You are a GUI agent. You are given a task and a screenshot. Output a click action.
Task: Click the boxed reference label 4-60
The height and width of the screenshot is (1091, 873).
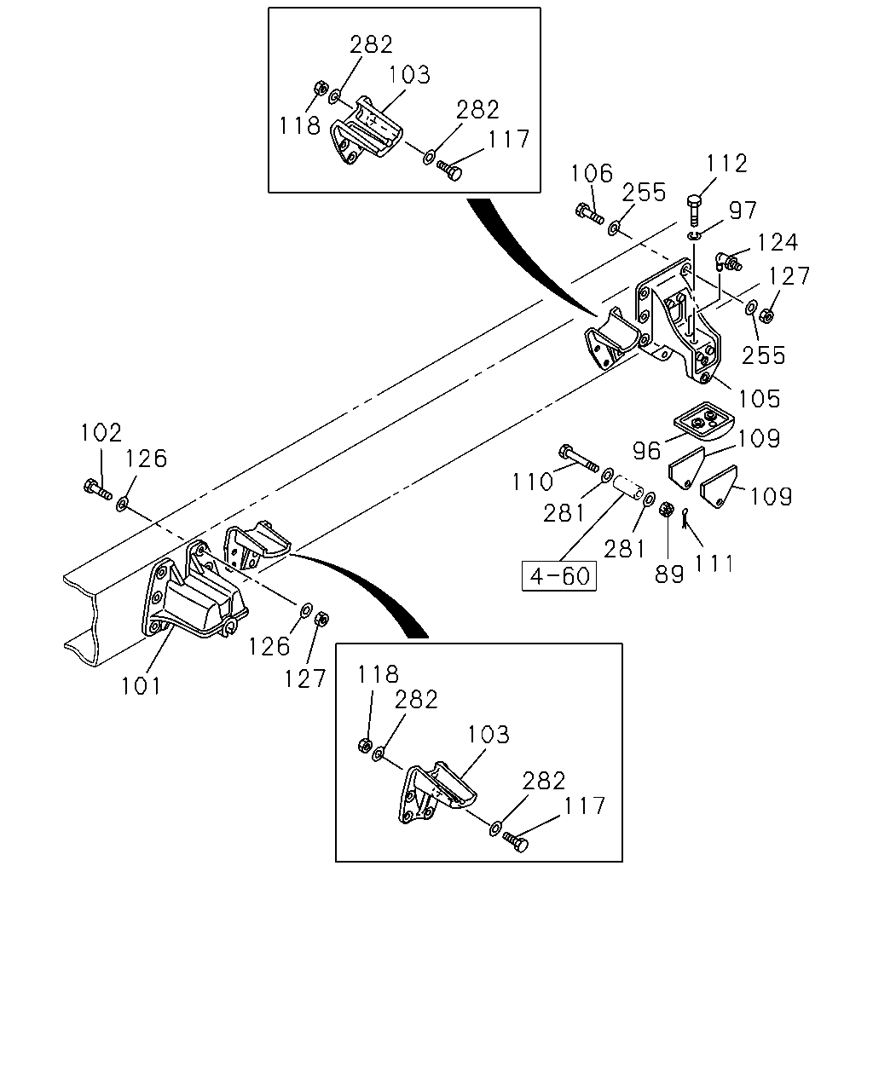click(559, 576)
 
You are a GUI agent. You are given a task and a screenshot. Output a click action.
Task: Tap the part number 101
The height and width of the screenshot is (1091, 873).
click(141, 686)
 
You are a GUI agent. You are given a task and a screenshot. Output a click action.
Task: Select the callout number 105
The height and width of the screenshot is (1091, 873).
click(759, 399)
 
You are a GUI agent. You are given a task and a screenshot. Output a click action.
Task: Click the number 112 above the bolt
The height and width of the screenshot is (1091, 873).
click(726, 164)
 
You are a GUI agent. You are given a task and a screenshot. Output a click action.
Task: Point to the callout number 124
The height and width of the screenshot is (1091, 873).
click(778, 242)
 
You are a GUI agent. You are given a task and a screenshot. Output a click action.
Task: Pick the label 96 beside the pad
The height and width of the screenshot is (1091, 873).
click(647, 450)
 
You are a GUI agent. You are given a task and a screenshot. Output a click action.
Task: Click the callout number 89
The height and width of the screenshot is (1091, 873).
click(669, 574)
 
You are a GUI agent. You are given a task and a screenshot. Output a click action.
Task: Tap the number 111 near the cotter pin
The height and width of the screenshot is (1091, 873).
click(714, 563)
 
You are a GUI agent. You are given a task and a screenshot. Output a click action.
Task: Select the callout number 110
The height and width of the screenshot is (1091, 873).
click(532, 482)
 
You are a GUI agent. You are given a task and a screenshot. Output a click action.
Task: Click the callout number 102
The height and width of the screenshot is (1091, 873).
click(101, 432)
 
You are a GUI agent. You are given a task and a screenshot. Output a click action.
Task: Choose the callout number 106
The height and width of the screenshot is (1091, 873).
click(592, 173)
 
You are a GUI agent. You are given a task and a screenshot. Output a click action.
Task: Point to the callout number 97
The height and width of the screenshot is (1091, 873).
click(743, 210)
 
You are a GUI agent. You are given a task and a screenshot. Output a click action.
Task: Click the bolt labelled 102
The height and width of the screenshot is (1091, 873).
click(97, 489)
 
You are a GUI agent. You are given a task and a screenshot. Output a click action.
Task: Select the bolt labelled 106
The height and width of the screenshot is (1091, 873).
click(590, 213)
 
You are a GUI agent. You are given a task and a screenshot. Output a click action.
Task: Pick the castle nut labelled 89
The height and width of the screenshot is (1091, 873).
click(667, 509)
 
